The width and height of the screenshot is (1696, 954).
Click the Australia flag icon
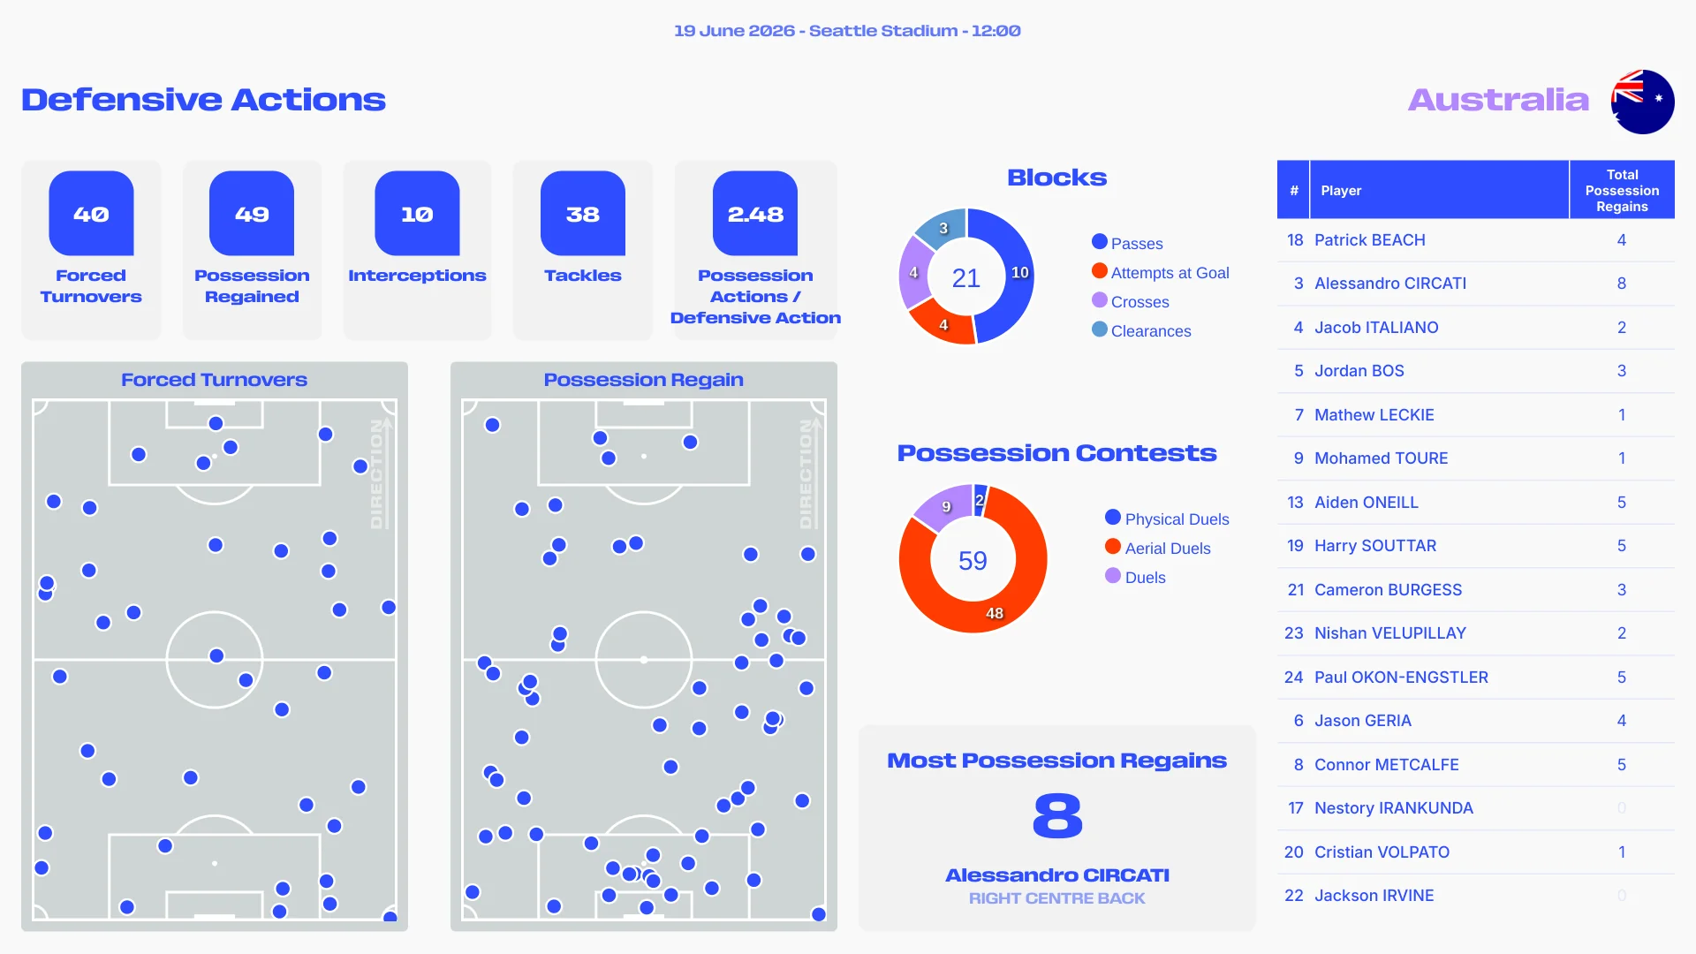1642,102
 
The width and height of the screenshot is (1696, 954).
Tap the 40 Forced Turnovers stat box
91,249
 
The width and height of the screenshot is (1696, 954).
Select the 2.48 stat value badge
755,214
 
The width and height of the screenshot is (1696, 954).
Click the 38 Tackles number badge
583,214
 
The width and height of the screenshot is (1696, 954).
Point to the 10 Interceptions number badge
417,214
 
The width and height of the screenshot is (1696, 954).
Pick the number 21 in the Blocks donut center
966,278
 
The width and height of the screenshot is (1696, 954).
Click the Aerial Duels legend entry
1158,548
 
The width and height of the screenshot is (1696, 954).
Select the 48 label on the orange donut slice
995,613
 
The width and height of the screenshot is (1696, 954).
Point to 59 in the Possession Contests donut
973,561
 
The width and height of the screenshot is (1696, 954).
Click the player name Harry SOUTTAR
1375,546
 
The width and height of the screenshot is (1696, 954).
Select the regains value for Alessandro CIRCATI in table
1622,284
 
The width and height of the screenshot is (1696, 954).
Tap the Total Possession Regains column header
1622,190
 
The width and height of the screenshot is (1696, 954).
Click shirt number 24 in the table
1294,678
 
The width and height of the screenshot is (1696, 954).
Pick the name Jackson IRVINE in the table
1374,896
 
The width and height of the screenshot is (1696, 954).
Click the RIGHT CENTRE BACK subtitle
1056,898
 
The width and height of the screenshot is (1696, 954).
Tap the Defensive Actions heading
204,100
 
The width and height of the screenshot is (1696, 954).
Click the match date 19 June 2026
734,31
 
